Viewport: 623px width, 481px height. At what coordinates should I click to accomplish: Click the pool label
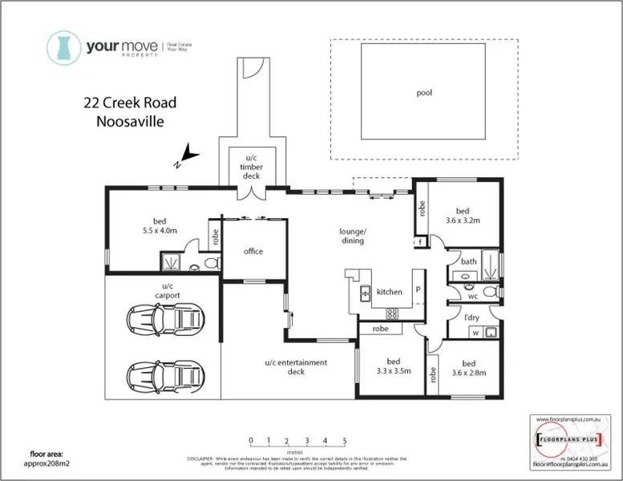(x=424, y=93)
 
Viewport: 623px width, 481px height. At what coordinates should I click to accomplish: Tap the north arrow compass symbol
(x=187, y=155)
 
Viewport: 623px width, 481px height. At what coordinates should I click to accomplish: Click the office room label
(x=253, y=252)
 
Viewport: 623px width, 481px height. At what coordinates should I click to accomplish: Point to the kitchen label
(x=389, y=293)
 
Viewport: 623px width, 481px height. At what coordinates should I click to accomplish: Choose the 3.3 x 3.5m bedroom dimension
(x=392, y=372)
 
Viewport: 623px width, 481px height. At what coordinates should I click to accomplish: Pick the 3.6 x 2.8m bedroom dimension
(x=469, y=372)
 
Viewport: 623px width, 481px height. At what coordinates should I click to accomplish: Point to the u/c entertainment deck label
(x=296, y=367)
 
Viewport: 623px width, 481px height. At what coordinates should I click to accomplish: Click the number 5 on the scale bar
(x=344, y=441)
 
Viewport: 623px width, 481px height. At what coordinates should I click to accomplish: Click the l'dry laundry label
(x=472, y=318)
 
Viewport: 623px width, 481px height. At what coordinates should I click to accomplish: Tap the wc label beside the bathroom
(x=472, y=296)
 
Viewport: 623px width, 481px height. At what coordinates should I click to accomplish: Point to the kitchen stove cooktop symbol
(x=393, y=313)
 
